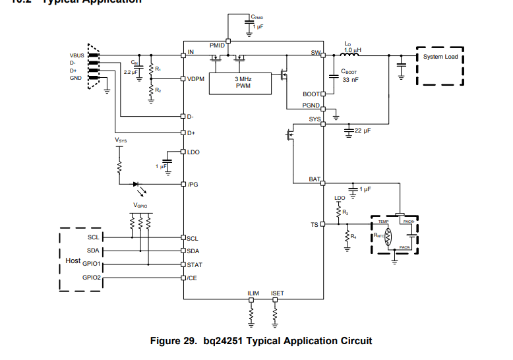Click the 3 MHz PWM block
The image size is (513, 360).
pos(242,82)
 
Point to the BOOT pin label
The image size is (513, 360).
pos(311,94)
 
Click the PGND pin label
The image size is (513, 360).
pos(311,105)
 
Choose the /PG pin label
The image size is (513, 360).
pos(193,185)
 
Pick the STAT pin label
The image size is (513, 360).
pos(195,264)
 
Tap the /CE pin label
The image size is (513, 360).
pos(193,278)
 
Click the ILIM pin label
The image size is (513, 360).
pos(253,293)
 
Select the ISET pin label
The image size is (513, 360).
pos(278,293)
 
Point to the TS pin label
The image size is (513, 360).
pos(315,225)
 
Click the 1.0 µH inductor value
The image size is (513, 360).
pos(353,49)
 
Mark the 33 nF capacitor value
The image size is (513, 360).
pos(349,79)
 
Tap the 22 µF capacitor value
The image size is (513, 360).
pos(363,131)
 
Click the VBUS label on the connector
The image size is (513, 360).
pos(77,55)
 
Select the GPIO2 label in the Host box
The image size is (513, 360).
pos(92,278)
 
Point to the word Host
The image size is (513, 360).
pos(73,261)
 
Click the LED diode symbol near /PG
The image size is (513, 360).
pos(137,185)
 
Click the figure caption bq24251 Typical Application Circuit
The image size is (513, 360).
pos(261,341)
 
